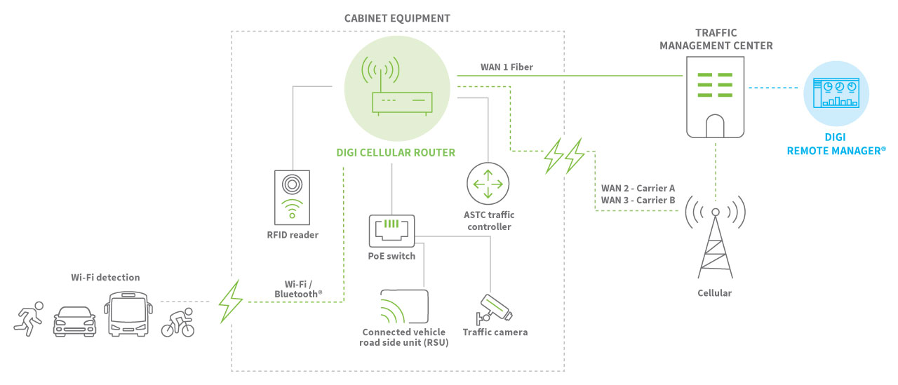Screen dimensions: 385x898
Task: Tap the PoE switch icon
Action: [391, 231]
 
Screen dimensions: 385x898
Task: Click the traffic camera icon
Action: [494, 307]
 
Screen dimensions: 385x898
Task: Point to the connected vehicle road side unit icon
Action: [404, 306]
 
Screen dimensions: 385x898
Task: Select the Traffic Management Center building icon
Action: [714, 96]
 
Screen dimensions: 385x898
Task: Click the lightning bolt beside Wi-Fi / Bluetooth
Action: [231, 302]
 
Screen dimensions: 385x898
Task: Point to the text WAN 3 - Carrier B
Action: [638, 201]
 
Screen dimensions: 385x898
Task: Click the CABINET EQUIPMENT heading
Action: [397, 18]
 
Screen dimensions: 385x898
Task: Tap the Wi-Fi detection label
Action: [105, 278]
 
